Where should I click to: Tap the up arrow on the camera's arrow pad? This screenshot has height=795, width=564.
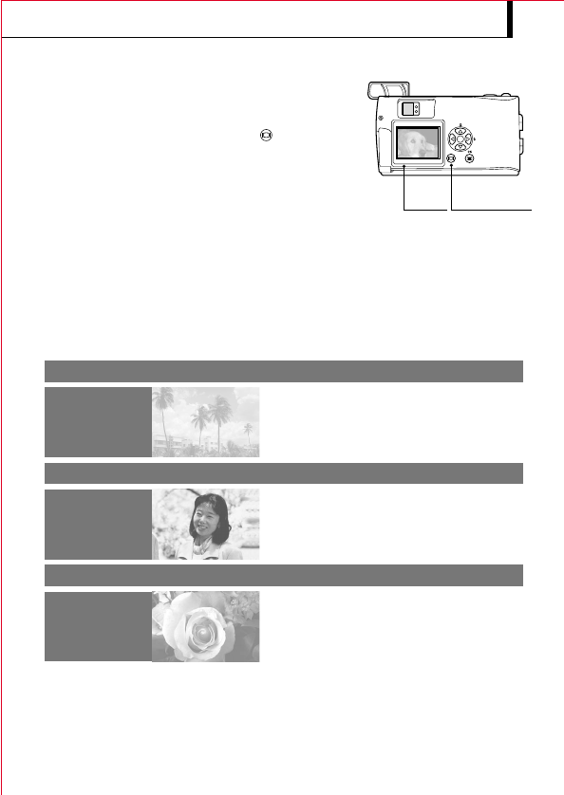pos(460,129)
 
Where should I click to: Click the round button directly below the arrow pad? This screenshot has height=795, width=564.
pos(468,158)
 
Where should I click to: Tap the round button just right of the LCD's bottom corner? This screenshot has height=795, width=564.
pos(450,158)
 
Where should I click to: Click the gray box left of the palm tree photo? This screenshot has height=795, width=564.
pos(97,421)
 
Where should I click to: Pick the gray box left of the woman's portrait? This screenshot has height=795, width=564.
pos(97,524)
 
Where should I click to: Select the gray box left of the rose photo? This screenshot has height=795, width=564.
pos(97,626)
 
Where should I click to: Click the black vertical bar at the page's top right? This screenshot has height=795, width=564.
pos(510,18)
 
